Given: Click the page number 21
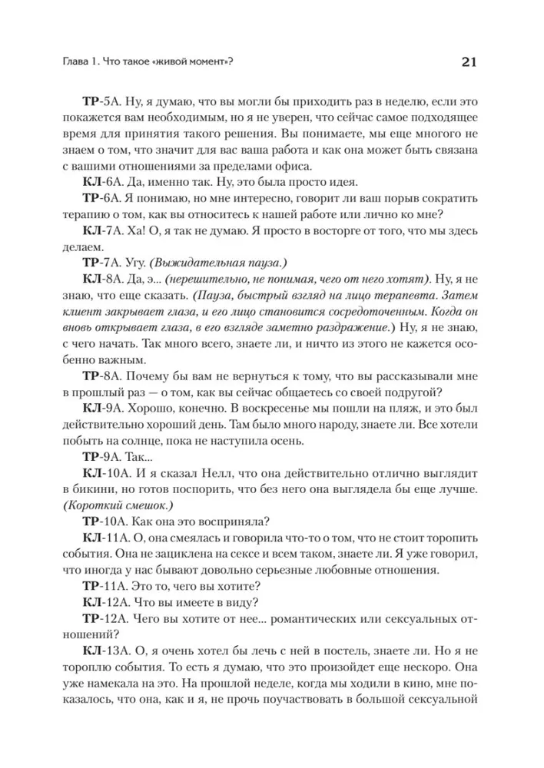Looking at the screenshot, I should (467, 62).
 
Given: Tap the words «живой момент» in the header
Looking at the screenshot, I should (191, 63).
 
